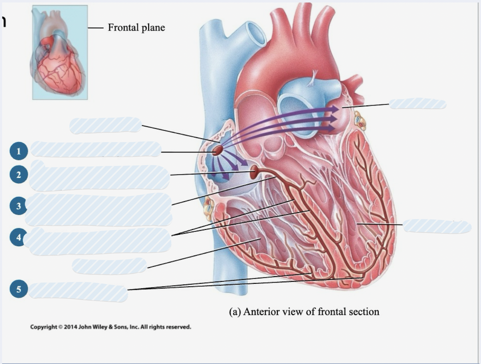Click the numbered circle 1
pyautogui.click(x=18, y=151)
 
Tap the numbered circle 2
pyautogui.click(x=18, y=174)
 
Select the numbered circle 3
pyautogui.click(x=18, y=206)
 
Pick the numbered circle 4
pyautogui.click(x=18, y=237)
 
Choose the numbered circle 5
pyautogui.click(x=18, y=289)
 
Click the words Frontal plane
pyautogui.click(x=136, y=28)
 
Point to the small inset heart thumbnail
pyautogui.click(x=60, y=52)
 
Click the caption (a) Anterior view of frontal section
pyautogui.click(x=304, y=312)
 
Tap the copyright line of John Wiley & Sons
pyautogui.click(x=111, y=327)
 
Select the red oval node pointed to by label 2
pyautogui.click(x=254, y=171)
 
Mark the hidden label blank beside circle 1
pyautogui.click(x=96, y=149)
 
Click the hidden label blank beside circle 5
pyautogui.click(x=78, y=291)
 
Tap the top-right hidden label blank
pyautogui.click(x=418, y=104)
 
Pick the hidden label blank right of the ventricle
pyautogui.click(x=437, y=226)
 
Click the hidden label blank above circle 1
pyautogui.click(x=106, y=125)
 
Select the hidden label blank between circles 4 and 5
pyautogui.click(x=110, y=266)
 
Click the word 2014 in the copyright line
pyautogui.click(x=70, y=327)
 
